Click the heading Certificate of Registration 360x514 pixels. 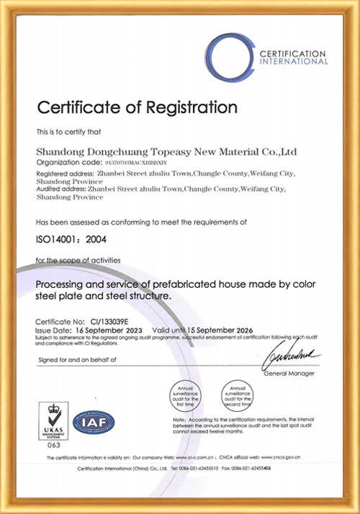tap(137, 108)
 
